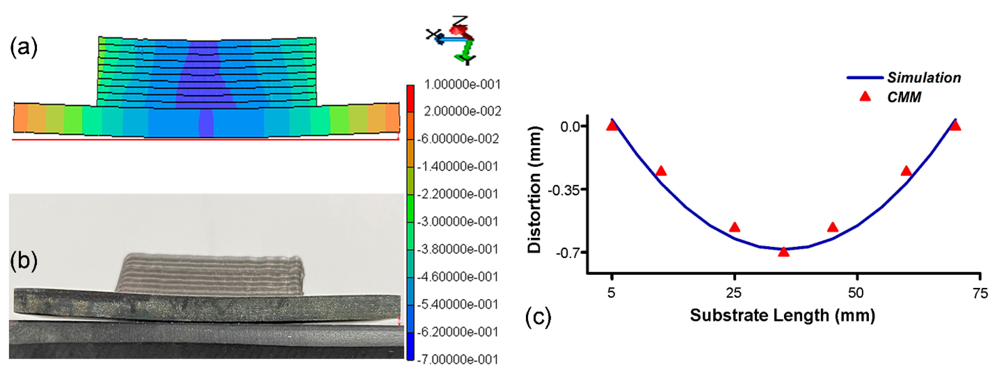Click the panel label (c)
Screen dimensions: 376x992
point(538,317)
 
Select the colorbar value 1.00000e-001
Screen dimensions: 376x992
point(462,84)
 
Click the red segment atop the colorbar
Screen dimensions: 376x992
point(410,99)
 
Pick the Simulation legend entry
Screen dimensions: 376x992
point(924,78)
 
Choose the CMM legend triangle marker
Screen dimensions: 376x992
point(865,96)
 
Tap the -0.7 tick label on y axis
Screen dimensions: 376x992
point(567,253)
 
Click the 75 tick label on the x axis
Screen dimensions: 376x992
point(980,293)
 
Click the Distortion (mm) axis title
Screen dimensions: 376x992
point(534,190)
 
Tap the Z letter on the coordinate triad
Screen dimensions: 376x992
point(460,21)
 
